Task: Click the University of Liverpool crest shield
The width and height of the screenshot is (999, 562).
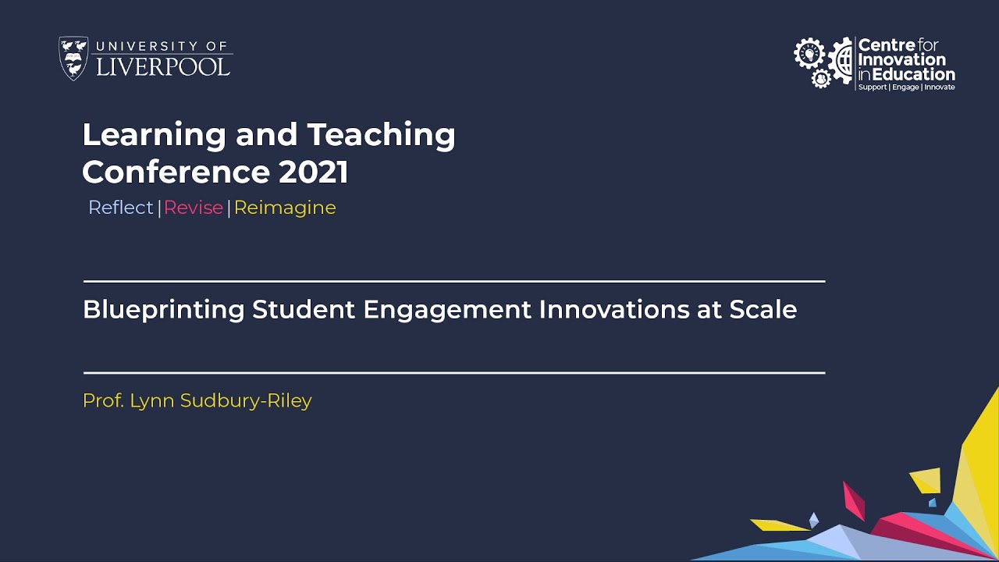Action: [73, 59]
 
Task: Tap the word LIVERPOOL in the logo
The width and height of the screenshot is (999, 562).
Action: [163, 66]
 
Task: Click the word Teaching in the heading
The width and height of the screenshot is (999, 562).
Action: [381, 135]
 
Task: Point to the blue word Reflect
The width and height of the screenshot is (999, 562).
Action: [121, 208]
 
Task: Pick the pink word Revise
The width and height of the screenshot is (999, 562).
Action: [194, 208]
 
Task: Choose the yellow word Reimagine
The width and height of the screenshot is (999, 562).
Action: [285, 208]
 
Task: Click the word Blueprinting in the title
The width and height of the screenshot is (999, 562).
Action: [164, 310]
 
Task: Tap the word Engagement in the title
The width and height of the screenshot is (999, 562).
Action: [447, 310]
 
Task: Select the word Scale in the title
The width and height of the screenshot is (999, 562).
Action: [763, 310]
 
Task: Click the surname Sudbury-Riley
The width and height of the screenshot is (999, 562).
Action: [246, 401]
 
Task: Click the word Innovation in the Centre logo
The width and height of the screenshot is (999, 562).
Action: [901, 60]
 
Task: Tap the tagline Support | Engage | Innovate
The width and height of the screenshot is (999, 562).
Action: [906, 87]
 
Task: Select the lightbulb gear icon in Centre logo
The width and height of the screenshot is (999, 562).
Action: [809, 53]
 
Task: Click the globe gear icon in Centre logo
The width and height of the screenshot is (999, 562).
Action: [841, 61]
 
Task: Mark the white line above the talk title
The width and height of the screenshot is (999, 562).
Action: [453, 281]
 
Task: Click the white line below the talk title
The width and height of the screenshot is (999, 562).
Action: [453, 373]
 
